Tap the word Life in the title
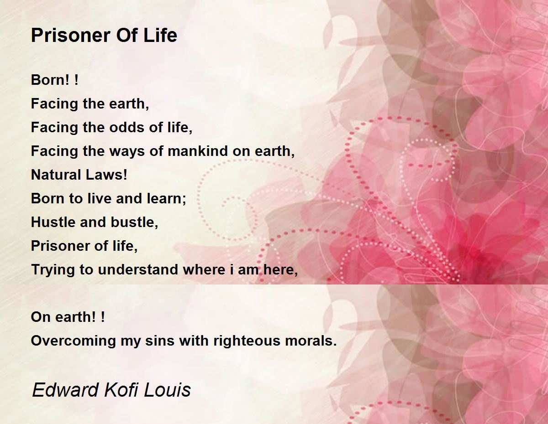point(160,35)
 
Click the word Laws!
point(105,175)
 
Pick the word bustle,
point(134,222)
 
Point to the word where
point(204,269)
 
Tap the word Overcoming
point(73,341)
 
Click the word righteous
point(247,341)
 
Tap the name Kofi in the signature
point(121,390)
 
